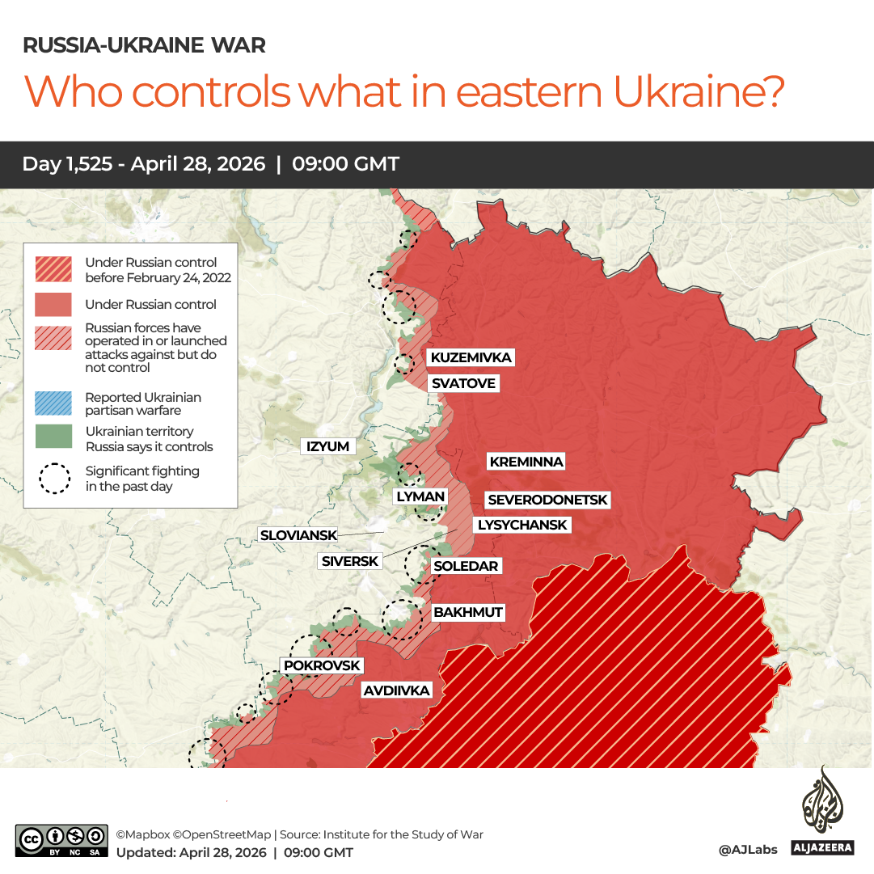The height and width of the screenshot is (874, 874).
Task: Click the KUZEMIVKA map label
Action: (x=471, y=357)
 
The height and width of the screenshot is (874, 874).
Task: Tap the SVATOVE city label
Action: (x=462, y=383)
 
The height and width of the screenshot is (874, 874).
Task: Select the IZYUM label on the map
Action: (x=327, y=446)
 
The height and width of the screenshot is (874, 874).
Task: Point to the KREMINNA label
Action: (x=526, y=462)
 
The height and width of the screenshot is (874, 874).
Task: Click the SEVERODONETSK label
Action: (x=547, y=500)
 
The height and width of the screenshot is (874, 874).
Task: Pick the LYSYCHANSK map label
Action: (x=522, y=525)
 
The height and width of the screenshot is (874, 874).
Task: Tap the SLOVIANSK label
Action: (x=298, y=535)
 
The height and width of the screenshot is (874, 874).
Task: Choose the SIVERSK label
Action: (x=349, y=561)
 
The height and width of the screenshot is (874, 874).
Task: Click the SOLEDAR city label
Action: (x=466, y=566)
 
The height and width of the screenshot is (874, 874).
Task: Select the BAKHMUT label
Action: (x=468, y=612)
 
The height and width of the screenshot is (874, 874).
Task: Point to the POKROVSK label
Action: (x=322, y=665)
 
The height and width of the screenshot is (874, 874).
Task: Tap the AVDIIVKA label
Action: (x=396, y=690)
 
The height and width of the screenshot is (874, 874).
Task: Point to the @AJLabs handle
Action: (x=747, y=850)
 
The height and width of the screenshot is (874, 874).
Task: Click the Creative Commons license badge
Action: (x=61, y=841)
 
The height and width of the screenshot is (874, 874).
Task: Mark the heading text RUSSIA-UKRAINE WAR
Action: (x=144, y=45)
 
